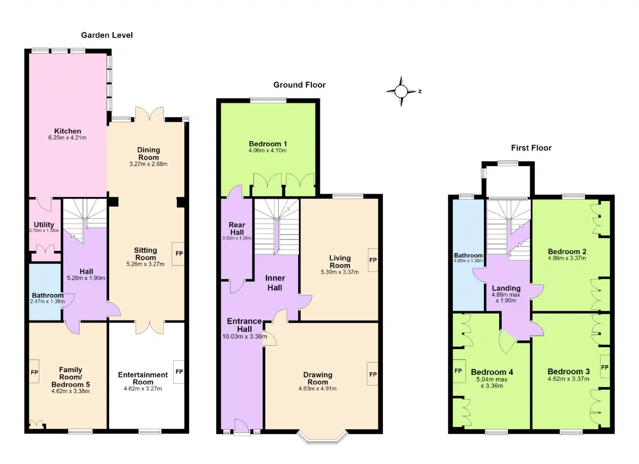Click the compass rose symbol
coord(401,91)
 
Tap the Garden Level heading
coord(107,35)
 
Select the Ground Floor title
coord(300,85)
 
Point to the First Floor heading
coord(531,148)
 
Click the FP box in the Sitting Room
coord(179,253)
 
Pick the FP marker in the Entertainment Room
coord(179,372)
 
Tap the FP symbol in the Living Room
coord(373,260)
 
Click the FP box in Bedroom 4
coord(458,371)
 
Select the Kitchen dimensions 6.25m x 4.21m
coord(67,138)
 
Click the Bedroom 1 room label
coord(268,144)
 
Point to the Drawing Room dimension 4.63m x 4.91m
coord(318,389)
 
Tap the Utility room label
coord(44,225)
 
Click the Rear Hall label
coord(237,229)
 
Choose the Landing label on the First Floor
coord(506,288)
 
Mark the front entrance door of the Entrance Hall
coord(242,427)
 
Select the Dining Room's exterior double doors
coord(149,114)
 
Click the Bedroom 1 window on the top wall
coord(268,100)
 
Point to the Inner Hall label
coord(275,283)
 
